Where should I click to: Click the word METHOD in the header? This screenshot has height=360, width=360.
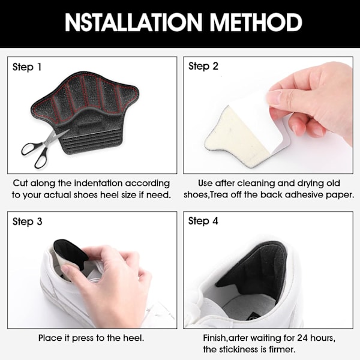point(256,22)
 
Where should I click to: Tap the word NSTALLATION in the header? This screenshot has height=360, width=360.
point(133,22)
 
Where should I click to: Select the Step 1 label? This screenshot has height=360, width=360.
point(27,67)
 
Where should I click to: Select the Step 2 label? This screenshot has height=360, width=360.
point(203,67)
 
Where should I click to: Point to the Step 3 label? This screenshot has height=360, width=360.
point(28,221)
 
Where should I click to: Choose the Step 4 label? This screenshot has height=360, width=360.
point(203,221)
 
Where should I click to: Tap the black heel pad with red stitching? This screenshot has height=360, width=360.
point(85,113)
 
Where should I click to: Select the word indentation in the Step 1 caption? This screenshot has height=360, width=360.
point(99,183)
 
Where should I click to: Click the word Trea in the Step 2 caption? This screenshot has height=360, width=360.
point(219,194)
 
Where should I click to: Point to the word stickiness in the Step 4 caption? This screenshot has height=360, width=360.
point(238,349)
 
